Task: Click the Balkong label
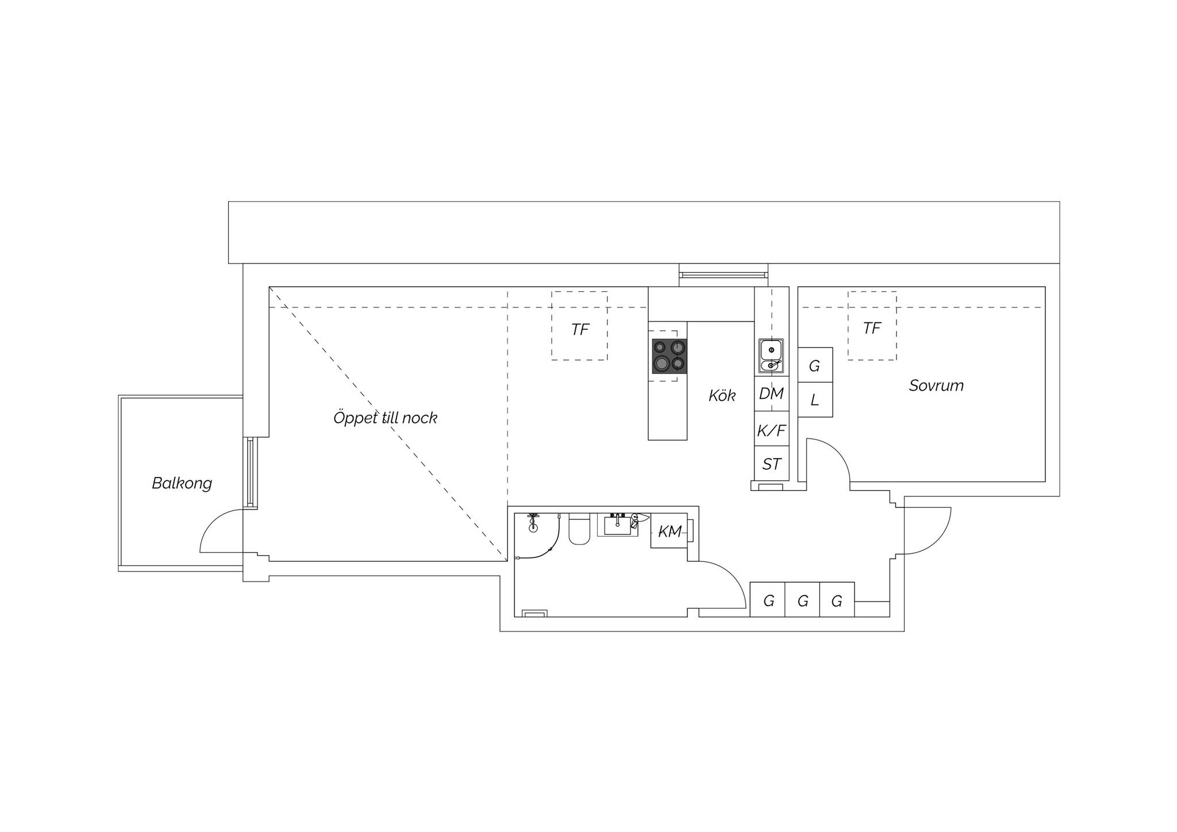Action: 182,483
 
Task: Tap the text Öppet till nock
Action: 385,418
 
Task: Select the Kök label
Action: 722,395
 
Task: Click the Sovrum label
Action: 936,386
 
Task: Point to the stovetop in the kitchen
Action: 670,356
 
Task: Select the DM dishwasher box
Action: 772,394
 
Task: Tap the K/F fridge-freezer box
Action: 772,429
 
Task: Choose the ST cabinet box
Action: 772,464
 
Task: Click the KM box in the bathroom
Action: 669,531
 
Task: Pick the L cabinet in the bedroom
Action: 815,400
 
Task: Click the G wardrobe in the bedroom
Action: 815,365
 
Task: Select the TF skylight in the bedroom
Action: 872,326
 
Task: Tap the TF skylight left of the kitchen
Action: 579,326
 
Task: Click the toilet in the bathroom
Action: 579,529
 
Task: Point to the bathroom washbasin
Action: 617,525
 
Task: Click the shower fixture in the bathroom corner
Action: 534,522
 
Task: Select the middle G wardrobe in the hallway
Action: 802,600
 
